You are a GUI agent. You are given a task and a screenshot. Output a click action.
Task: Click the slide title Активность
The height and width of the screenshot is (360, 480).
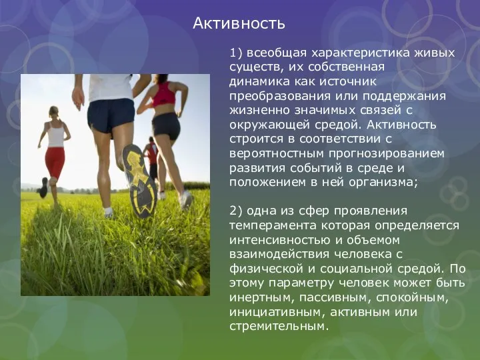point(239,24)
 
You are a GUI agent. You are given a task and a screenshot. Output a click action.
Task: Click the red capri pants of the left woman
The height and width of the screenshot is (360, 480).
point(55,162)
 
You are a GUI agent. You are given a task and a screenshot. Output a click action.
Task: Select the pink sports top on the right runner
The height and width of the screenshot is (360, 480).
point(164,96)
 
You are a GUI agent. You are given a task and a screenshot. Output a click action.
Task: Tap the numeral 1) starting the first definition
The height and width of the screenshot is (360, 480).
point(237,52)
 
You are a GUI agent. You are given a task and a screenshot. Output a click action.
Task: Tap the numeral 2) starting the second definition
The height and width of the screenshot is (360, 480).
point(237,211)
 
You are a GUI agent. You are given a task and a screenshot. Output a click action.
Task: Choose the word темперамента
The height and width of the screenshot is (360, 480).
point(273,225)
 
